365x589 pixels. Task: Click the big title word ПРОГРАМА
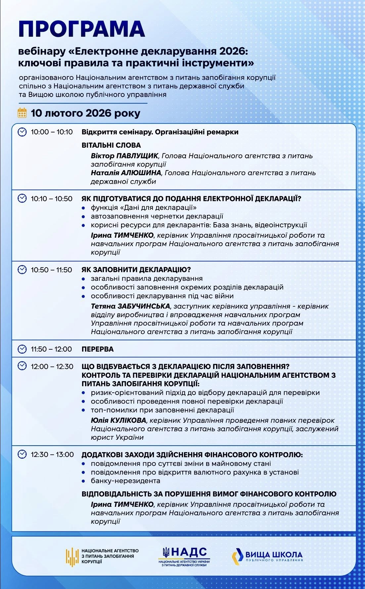[x=82, y=29]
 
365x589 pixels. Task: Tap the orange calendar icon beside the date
[x=22, y=113]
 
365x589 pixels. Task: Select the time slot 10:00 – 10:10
[x=52, y=132]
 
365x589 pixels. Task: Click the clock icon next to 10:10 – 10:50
[x=22, y=198]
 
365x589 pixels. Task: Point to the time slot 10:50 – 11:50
[x=51, y=270]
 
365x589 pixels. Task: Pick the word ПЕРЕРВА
[x=98, y=349]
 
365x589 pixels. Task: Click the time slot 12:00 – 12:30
[x=52, y=367]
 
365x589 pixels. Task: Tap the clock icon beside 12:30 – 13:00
[x=22, y=454]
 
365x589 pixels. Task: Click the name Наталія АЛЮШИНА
[x=126, y=173]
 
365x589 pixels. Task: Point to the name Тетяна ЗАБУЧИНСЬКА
[x=130, y=306]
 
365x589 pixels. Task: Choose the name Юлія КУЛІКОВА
[x=118, y=420]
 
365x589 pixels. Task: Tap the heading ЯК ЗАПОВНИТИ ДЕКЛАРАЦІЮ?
[x=136, y=270]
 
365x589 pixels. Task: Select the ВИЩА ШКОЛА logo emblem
[x=237, y=556]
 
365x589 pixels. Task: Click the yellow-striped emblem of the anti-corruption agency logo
[x=72, y=556]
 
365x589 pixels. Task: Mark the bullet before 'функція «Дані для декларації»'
[x=84, y=208]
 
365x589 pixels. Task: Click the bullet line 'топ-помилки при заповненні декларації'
[x=162, y=410]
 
